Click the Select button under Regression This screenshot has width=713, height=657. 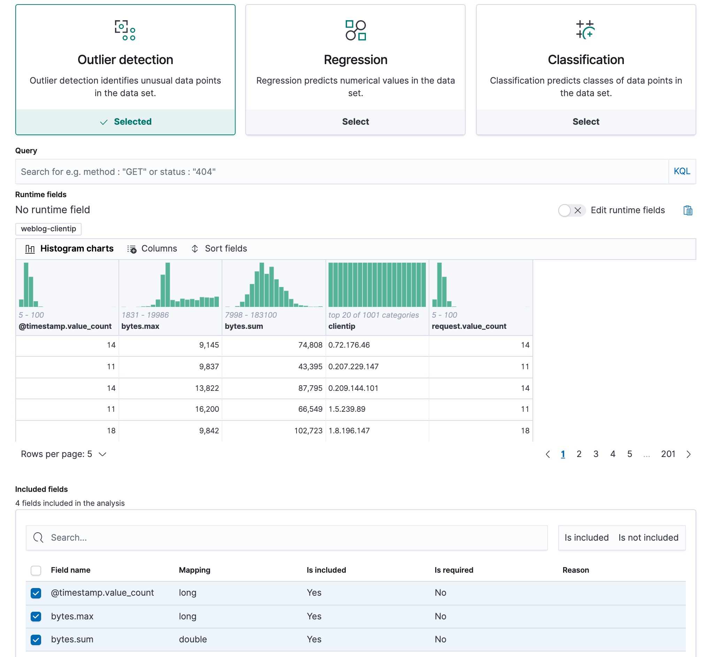[355, 122]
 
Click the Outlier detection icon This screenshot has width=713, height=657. [125, 30]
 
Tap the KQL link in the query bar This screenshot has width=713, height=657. [681, 171]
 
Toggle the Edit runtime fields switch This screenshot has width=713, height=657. [571, 210]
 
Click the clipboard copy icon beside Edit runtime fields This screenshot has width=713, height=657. [688, 210]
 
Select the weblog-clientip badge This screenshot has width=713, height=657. [48, 229]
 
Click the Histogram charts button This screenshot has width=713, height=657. [69, 248]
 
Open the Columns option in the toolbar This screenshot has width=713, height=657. [152, 248]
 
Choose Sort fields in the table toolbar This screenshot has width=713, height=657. [219, 248]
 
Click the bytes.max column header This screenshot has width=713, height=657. [140, 326]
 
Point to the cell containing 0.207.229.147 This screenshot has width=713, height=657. [353, 366]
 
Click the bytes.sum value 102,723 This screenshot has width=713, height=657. [308, 431]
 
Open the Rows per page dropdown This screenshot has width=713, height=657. [63, 454]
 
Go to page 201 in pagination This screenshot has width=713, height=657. [667, 454]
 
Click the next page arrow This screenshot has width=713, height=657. [688, 454]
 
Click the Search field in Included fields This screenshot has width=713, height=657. [286, 538]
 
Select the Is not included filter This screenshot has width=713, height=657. [648, 538]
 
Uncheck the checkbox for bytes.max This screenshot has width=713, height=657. [36, 616]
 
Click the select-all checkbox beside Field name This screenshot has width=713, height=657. [36, 570]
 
